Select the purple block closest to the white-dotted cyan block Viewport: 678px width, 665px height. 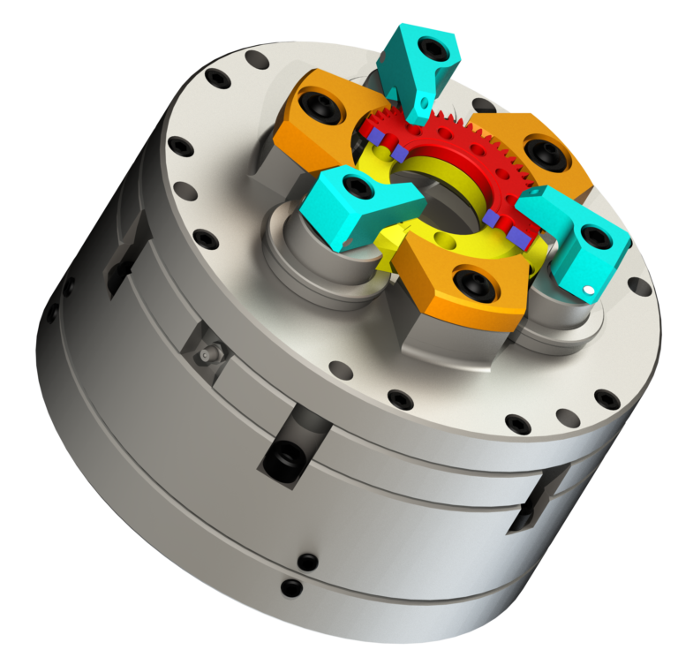coord(521,238)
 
